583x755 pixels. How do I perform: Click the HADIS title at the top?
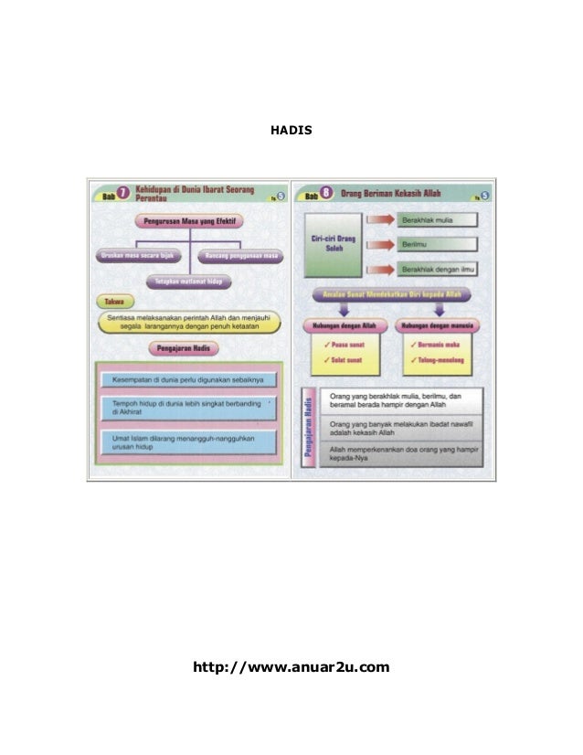point(291,130)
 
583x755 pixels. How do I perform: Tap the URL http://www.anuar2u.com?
point(291,667)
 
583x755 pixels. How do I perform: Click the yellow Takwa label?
point(114,301)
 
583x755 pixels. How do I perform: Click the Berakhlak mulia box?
point(439,220)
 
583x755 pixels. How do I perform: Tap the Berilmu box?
point(439,245)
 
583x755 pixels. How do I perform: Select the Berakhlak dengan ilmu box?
point(439,270)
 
